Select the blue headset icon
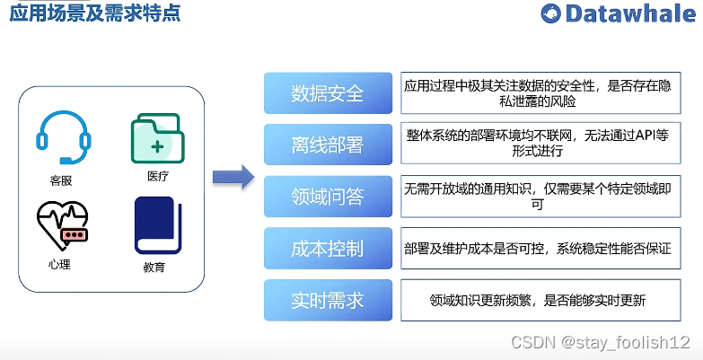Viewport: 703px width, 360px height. point(62,136)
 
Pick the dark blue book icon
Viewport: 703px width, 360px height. point(157,225)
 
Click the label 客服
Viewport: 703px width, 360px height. point(61,180)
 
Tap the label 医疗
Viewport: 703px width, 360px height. point(157,176)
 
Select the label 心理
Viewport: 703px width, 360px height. point(59,264)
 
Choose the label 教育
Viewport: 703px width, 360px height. point(154,268)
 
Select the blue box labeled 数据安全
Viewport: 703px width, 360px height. point(328,93)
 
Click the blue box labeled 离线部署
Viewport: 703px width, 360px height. point(328,145)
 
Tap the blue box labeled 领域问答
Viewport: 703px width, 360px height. point(328,197)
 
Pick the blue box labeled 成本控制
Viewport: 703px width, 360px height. point(328,249)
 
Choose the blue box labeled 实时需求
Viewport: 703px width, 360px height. point(328,300)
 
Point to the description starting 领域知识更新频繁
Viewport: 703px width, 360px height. point(538,301)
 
